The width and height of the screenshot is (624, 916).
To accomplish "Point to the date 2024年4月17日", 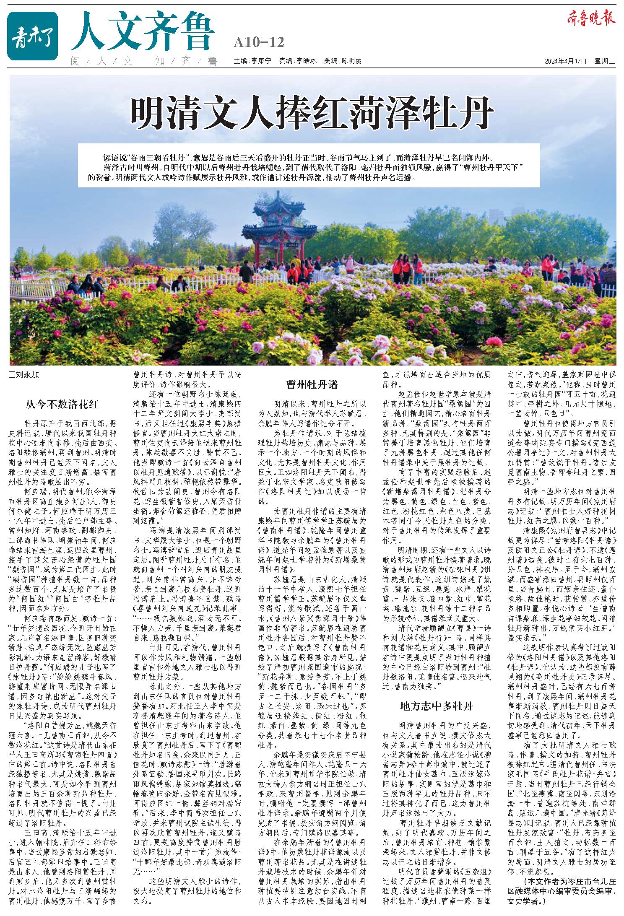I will tap(564, 61).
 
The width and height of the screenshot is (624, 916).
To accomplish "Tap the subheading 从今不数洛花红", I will tap(62, 405).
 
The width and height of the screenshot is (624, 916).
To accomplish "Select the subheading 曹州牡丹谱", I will tap(312, 385).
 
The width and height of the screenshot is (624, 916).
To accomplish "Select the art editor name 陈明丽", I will tap(351, 61).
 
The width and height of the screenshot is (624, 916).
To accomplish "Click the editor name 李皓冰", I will tap(307, 61).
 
